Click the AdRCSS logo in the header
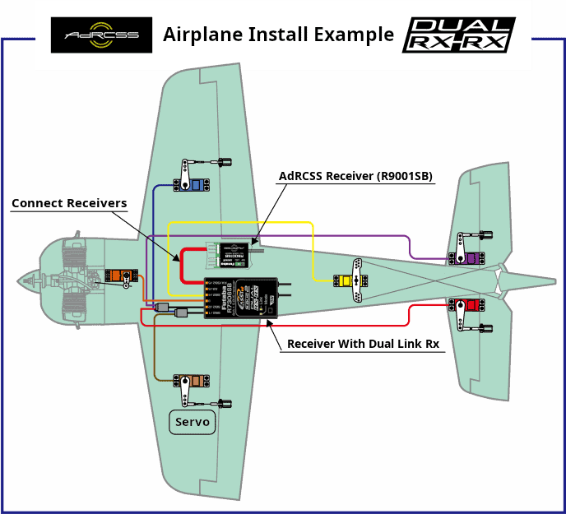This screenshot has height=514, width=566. tap(101, 35)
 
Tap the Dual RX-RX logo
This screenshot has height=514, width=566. tap(458, 35)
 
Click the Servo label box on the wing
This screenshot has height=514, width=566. tap(193, 423)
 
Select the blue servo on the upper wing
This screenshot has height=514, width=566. tap(194, 183)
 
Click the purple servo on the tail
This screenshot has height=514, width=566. tap(468, 258)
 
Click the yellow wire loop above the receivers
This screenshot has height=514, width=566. tap(239, 223)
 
